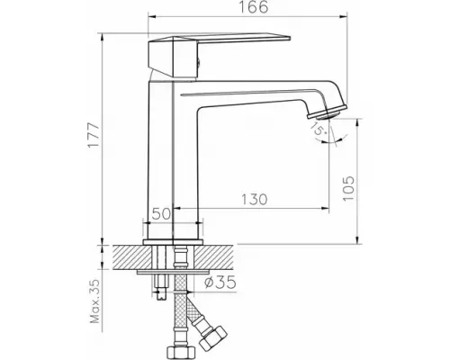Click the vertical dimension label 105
coord(352,186)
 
